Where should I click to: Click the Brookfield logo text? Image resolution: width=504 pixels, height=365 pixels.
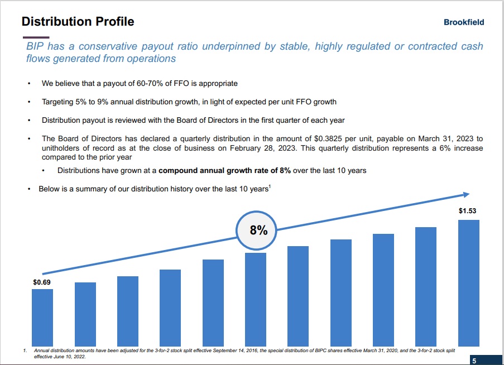(464, 22)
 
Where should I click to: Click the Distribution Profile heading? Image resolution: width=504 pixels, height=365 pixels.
(78, 22)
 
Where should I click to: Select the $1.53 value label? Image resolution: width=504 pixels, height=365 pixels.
(468, 212)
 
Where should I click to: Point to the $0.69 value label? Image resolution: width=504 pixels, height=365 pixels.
(42, 282)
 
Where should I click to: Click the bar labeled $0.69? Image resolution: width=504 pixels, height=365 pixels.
(42, 316)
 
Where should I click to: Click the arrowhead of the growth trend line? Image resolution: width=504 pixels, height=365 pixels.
(465, 195)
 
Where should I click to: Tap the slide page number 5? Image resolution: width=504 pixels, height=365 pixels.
(474, 359)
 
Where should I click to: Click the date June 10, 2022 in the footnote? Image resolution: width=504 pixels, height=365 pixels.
(70, 356)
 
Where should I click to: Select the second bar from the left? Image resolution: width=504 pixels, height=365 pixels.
(85, 313)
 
